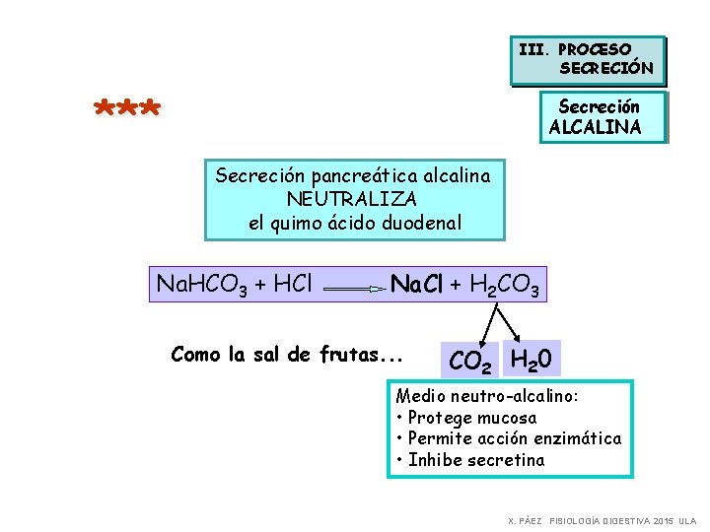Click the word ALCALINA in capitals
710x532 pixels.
595,127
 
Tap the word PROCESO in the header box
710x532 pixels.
595,48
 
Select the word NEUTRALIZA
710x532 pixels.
352,199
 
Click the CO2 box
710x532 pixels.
469,362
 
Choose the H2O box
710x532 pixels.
532,358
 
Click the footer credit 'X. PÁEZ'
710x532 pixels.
524,520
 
